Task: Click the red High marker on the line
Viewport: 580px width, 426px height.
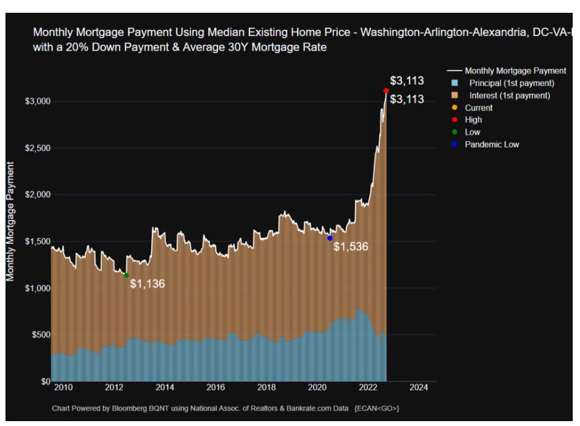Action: pyautogui.click(x=387, y=91)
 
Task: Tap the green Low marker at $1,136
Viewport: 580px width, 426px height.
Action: pyautogui.click(x=126, y=275)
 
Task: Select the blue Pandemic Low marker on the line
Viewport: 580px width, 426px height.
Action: pyautogui.click(x=330, y=238)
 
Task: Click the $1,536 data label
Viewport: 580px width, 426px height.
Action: pyautogui.click(x=352, y=246)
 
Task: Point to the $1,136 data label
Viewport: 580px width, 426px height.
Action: pyautogui.click(x=148, y=284)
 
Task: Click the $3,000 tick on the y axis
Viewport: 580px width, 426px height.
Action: pyautogui.click(x=34, y=101)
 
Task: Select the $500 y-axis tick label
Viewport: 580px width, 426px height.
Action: pyautogui.click(x=36, y=335)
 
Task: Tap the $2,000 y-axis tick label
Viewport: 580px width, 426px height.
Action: pyautogui.click(x=34, y=195)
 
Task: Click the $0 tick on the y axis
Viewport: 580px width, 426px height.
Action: pyautogui.click(x=41, y=382)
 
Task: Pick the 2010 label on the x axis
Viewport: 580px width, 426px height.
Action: pyautogui.click(x=63, y=388)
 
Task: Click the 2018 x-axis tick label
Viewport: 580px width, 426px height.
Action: pyautogui.click(x=266, y=388)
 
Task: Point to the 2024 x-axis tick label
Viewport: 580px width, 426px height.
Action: pyautogui.click(x=418, y=388)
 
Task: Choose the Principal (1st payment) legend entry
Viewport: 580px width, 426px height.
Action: pyautogui.click(x=511, y=83)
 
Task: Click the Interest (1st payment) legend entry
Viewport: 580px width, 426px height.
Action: pyautogui.click(x=509, y=96)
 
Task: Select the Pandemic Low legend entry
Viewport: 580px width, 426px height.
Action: pyautogui.click(x=492, y=144)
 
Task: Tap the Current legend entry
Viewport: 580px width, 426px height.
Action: pyautogui.click(x=478, y=108)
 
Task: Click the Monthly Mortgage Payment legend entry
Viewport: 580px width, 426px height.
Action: pyautogui.click(x=515, y=71)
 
